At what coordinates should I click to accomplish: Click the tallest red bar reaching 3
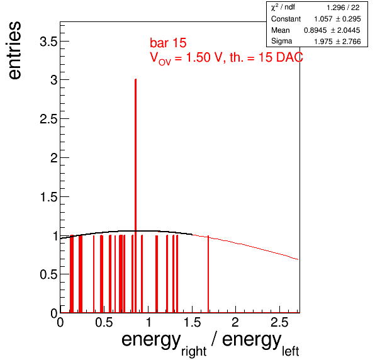(136, 196)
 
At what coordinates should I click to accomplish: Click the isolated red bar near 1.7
(208, 274)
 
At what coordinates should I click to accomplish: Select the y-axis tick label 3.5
(49, 42)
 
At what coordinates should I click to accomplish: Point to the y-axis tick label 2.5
(49, 119)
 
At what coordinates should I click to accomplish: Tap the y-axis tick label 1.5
(49, 197)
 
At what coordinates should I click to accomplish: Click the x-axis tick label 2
(235, 322)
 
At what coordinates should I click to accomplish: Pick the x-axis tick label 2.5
(279, 322)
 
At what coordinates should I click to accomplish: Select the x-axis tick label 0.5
(104, 322)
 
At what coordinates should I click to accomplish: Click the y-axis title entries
(14, 50)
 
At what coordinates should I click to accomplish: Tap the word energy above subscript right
(151, 340)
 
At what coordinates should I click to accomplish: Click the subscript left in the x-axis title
(290, 351)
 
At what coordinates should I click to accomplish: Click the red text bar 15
(168, 43)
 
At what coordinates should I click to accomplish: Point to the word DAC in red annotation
(289, 57)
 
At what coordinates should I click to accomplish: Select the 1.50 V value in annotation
(203, 57)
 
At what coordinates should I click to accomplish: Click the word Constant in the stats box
(286, 19)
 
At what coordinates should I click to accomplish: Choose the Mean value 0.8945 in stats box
(315, 30)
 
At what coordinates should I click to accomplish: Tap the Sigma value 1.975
(323, 42)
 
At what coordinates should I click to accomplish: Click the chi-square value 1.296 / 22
(343, 8)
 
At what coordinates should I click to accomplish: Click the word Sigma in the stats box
(281, 41)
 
